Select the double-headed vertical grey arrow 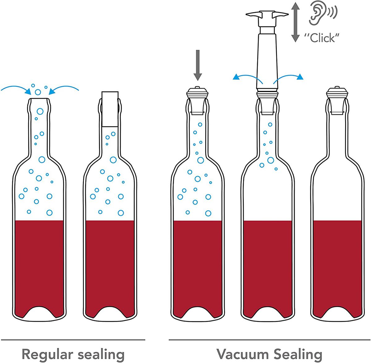296,22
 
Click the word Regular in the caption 47,354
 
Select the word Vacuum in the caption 242,354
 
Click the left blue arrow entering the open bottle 15,89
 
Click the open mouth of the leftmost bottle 39,100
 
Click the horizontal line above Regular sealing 73,339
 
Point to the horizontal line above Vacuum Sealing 269,339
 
